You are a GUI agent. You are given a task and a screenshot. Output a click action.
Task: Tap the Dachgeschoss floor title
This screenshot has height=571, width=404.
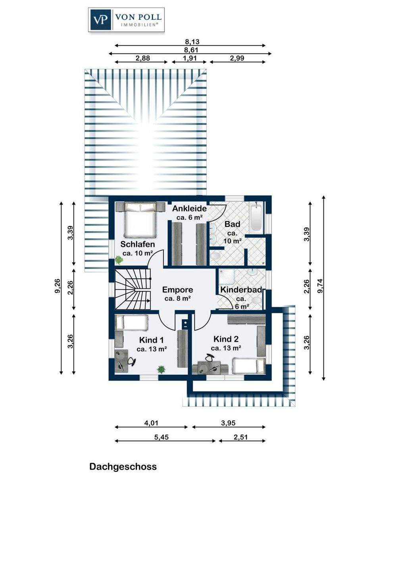point(123,467)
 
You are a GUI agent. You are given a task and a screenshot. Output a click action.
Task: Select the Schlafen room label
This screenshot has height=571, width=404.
point(137,244)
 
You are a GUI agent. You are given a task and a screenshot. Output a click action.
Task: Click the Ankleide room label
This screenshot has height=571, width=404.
point(189,209)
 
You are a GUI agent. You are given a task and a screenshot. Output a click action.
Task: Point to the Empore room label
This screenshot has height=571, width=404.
point(177,290)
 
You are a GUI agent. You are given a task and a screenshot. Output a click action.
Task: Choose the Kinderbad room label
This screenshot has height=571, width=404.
point(241,290)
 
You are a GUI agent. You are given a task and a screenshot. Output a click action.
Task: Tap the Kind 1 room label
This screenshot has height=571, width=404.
point(151,340)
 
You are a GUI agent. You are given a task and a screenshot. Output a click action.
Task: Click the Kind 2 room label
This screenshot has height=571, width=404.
point(226,339)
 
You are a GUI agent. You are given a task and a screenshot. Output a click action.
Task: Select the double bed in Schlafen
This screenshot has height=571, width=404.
point(140,219)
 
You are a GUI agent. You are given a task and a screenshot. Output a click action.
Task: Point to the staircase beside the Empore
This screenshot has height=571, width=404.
point(133,289)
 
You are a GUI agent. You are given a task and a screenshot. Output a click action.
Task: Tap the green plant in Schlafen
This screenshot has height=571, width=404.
point(119,260)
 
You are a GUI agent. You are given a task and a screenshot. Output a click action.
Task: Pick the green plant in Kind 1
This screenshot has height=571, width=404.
point(161,370)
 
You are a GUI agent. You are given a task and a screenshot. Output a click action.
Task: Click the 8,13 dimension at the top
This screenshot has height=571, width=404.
point(192,42)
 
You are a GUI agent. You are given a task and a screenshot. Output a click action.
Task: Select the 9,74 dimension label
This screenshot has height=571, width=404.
point(320,286)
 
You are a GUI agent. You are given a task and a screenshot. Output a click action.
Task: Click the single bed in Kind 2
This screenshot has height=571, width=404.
point(248,366)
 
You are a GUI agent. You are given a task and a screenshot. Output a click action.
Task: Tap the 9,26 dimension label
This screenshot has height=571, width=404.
point(58,286)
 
